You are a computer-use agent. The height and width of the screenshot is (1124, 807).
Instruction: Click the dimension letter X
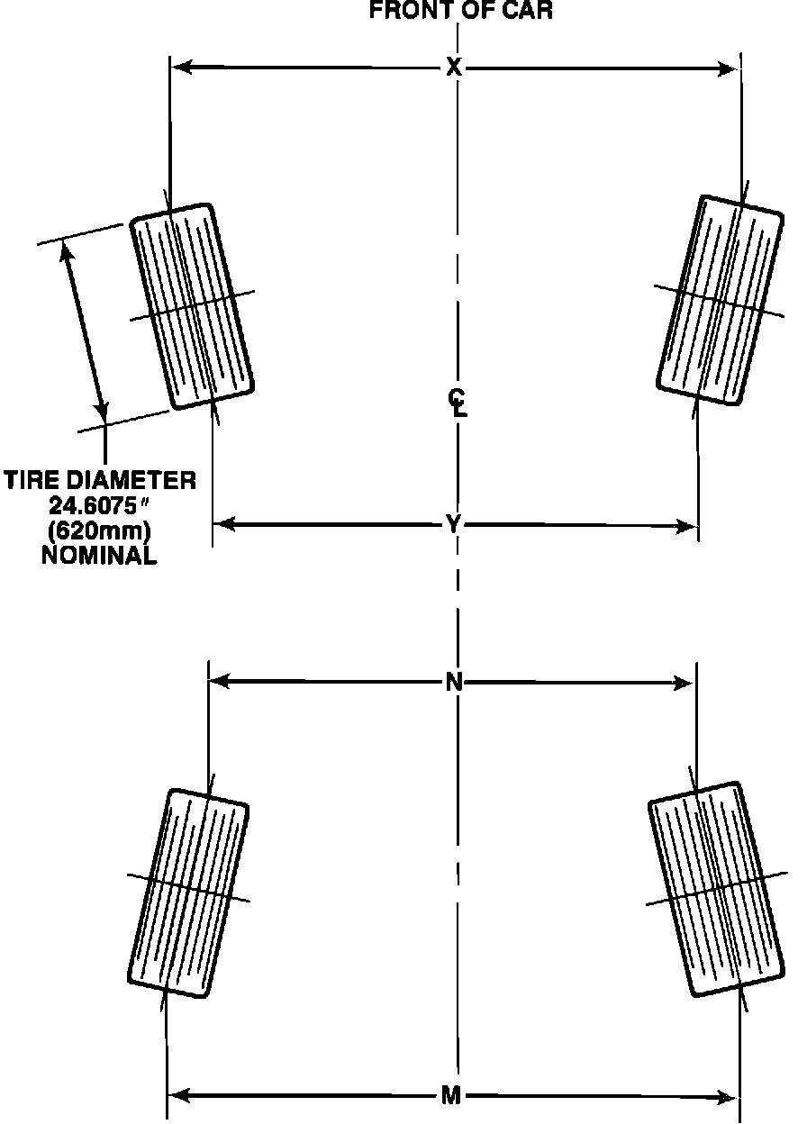[454, 68]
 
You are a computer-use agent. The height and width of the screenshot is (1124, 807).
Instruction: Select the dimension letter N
[454, 683]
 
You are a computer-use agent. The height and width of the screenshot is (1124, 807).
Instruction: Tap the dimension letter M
[452, 1096]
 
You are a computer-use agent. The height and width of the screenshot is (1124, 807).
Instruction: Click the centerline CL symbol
[459, 402]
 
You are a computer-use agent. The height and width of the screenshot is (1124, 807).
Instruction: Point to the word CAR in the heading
[527, 12]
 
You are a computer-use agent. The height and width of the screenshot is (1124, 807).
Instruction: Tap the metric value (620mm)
[99, 530]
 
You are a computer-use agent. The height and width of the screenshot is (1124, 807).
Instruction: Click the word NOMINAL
[99, 556]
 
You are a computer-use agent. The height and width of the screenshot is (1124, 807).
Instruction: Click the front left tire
[192, 306]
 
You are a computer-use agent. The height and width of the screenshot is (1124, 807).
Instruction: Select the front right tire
[721, 299]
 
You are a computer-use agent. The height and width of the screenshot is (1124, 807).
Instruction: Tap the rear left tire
[187, 893]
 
